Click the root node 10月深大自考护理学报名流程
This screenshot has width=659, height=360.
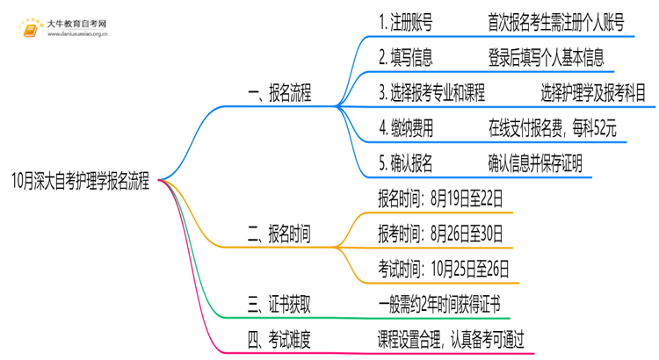pos(81,184)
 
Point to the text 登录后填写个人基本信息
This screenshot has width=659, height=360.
pos(545,58)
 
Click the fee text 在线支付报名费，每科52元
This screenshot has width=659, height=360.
pos(553,127)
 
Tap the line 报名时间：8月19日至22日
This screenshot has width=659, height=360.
pos(440,198)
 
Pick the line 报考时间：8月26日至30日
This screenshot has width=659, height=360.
pos(440,233)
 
